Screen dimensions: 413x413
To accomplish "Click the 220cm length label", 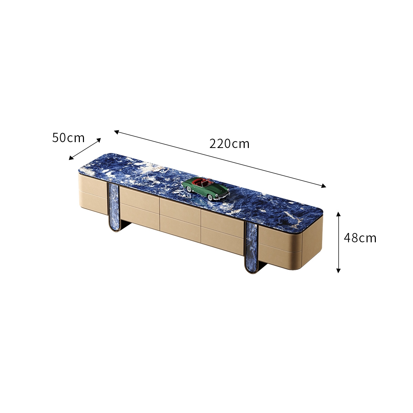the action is [x=229, y=144].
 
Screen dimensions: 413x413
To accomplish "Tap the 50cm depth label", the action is [x=68, y=138].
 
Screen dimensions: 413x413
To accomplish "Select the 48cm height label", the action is [x=360, y=238].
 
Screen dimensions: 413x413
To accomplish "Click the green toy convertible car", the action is [x=206, y=189].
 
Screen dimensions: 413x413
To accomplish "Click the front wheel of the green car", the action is [x=211, y=197].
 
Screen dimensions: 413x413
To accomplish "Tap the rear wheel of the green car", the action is [x=189, y=189].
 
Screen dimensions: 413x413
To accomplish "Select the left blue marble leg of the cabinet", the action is [x=114, y=207].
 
